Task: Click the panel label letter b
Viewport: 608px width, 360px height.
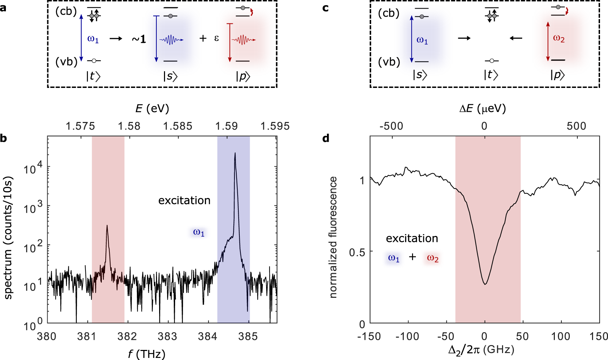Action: point(3,138)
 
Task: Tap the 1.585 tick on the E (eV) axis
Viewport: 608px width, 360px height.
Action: point(178,126)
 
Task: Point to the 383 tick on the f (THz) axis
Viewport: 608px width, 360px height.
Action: point(167,336)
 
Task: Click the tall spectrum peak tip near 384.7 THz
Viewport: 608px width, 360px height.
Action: point(235,153)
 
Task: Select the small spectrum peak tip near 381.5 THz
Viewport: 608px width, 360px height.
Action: point(107,226)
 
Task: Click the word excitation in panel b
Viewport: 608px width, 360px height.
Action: point(184,201)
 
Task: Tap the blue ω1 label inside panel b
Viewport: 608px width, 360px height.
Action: point(199,232)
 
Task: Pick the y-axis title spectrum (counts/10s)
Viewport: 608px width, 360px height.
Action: point(8,238)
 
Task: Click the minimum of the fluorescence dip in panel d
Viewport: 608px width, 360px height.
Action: point(485,284)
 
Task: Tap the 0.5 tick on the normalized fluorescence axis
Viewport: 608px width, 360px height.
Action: point(357,252)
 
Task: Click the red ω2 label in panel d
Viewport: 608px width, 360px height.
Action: point(433,258)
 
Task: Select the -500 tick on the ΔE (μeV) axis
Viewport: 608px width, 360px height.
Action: point(392,126)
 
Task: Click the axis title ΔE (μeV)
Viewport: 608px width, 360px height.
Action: point(483,109)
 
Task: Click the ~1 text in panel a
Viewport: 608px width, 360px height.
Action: point(139,39)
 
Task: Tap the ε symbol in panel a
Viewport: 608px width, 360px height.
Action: point(216,38)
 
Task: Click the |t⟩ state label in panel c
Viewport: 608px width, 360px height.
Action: point(491,75)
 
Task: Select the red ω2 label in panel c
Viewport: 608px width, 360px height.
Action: point(559,38)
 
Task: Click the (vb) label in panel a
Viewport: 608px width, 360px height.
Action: point(66,62)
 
